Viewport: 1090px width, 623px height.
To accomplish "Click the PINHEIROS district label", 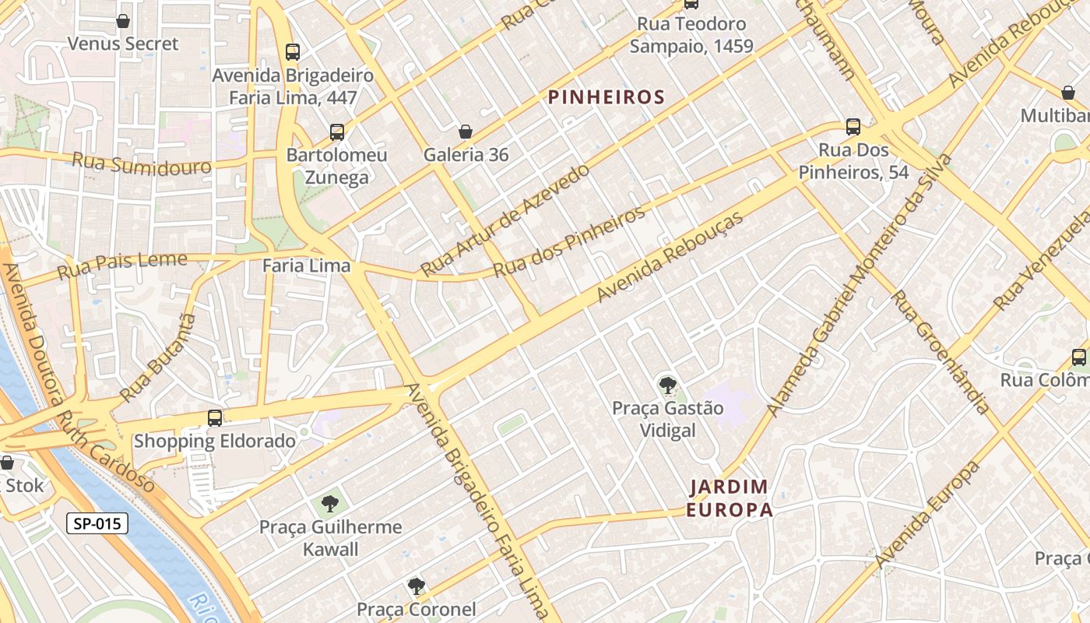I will coord(606,97).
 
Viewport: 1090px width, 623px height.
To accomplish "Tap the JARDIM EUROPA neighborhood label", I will coord(730,498).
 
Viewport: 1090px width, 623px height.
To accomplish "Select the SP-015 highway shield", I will coord(97,523).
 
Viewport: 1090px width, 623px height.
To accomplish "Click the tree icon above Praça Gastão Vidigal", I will coord(667,385).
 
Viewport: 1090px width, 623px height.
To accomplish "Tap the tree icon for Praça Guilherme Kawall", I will coord(330,504).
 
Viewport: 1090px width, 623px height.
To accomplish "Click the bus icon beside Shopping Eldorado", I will coord(215,418).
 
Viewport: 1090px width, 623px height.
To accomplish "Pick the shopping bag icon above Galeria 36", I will coord(466,132).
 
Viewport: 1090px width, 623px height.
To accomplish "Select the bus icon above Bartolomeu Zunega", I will coord(336,132).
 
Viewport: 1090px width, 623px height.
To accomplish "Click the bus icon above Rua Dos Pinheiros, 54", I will coord(853,127).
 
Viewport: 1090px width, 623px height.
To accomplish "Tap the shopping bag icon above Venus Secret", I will coord(123,21).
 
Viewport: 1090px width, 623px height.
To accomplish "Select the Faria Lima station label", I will coord(306,266).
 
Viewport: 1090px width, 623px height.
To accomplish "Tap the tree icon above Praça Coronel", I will coord(417,586).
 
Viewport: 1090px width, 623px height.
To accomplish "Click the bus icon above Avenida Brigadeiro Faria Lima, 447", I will coord(293,52).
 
